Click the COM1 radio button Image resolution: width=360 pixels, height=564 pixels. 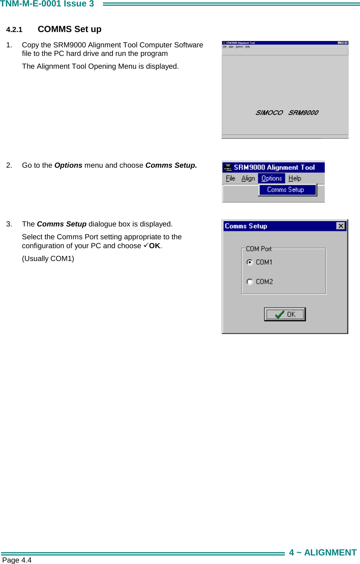point(250,262)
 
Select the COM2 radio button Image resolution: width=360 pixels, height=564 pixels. point(250,282)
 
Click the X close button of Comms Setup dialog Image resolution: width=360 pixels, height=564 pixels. point(341,226)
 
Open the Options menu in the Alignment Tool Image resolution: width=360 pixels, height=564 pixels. point(271,178)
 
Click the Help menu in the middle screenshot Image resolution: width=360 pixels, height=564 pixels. point(294,178)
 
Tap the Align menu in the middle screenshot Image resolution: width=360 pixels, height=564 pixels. point(248,178)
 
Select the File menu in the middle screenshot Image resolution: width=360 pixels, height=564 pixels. point(230,178)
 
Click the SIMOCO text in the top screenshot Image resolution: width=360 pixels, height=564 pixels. point(269,113)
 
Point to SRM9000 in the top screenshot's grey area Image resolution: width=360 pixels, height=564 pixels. point(303,113)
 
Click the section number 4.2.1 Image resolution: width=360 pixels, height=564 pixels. point(14,30)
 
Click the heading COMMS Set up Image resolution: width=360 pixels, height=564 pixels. point(69,29)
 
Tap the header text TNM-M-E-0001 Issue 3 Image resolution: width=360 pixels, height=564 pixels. point(47,4)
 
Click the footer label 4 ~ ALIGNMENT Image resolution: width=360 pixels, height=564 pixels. point(323,553)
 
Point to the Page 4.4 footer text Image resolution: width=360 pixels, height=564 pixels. point(17,560)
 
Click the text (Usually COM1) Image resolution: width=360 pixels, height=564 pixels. point(48,258)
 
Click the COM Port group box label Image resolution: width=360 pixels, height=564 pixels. point(259,249)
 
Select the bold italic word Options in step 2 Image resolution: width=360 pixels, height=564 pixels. point(68,165)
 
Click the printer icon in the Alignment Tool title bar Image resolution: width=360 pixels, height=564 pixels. point(228,167)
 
